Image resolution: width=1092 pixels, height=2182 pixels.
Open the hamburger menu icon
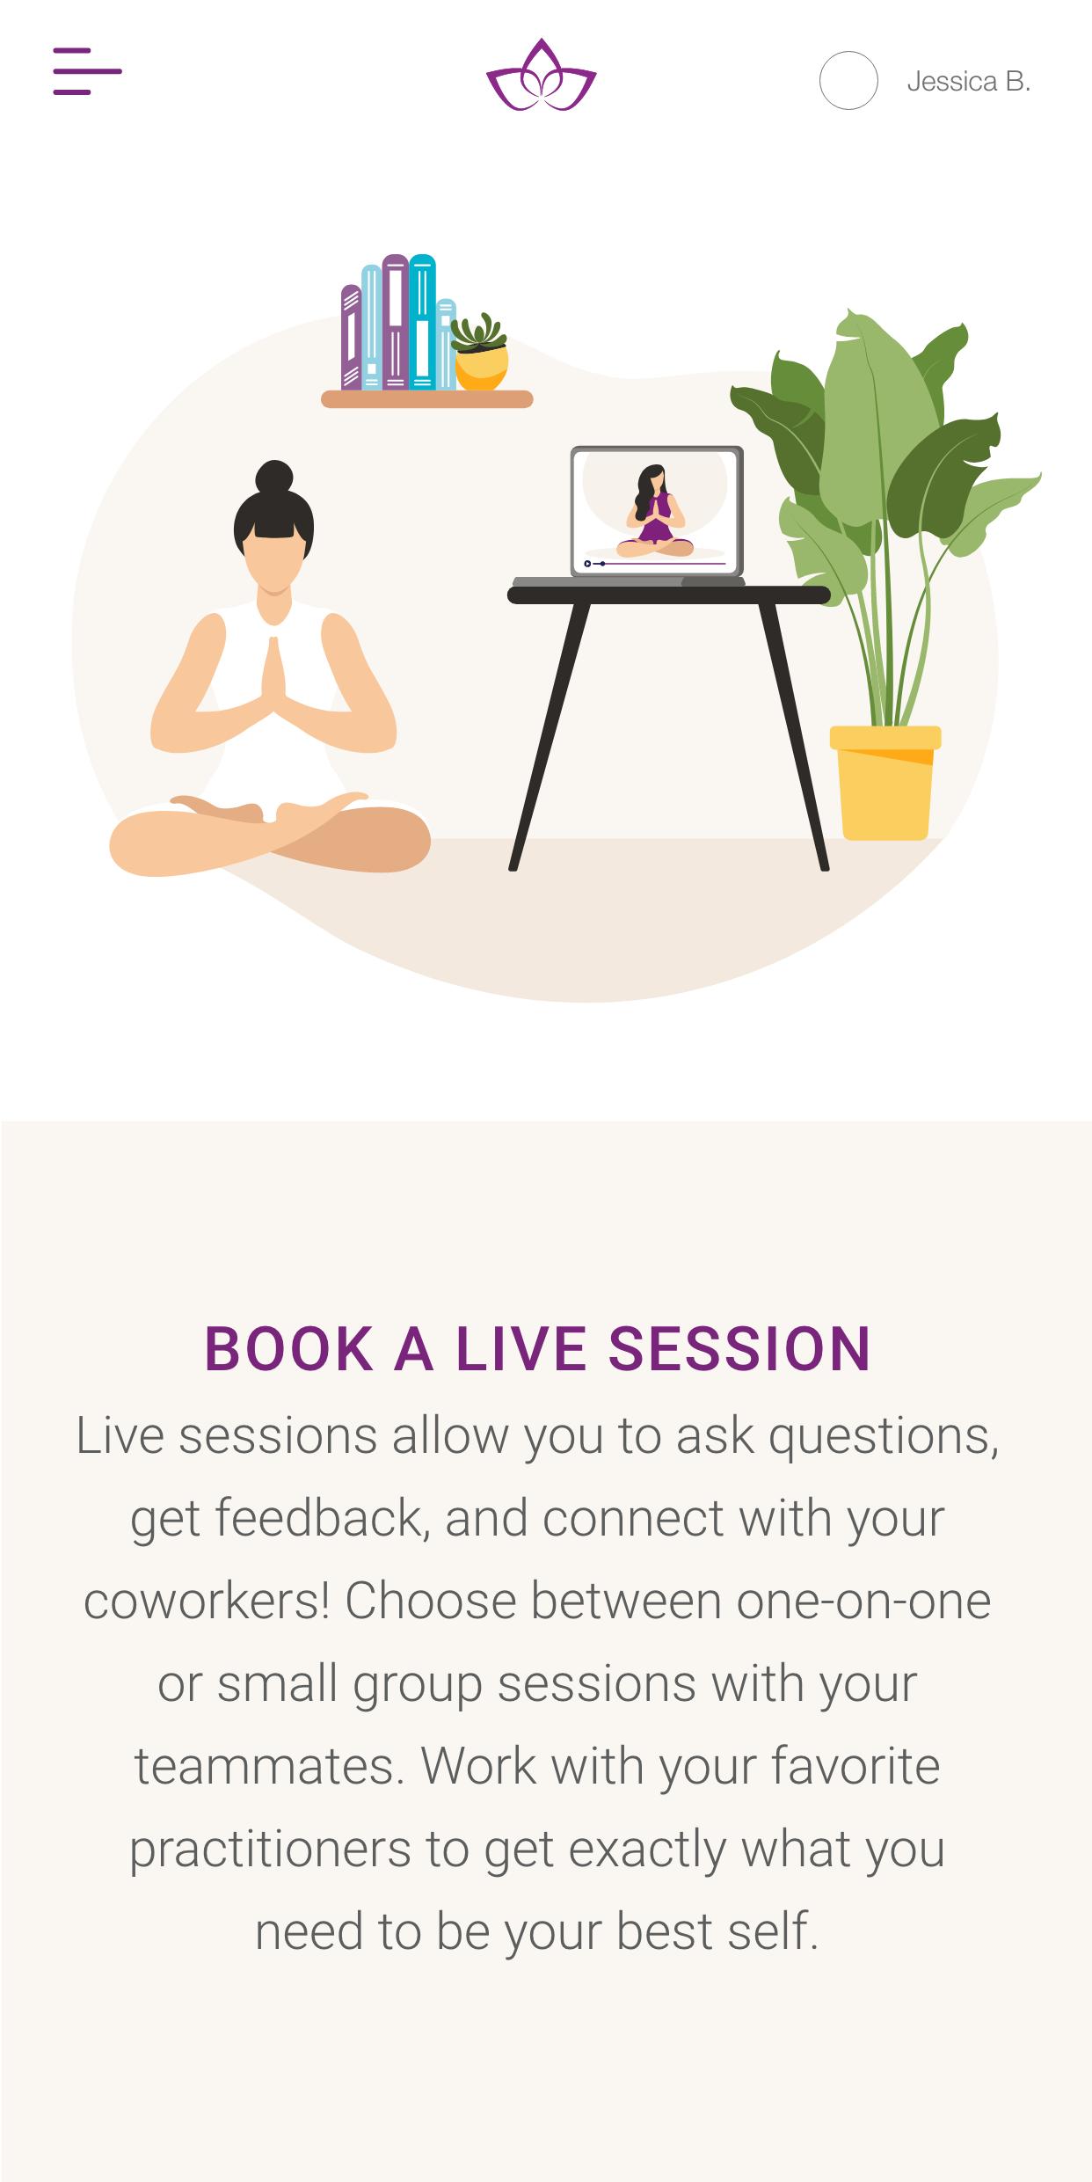point(87,70)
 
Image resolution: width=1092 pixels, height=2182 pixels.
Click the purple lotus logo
point(542,76)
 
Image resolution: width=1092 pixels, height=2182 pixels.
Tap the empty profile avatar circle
point(848,80)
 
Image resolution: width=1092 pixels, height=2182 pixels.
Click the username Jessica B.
point(968,82)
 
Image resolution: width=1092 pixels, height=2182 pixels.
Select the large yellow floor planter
point(885,782)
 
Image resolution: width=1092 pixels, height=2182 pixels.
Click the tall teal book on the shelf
point(423,321)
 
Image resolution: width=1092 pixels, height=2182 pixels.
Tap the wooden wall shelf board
point(427,399)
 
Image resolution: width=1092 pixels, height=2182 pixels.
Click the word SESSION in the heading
point(739,1348)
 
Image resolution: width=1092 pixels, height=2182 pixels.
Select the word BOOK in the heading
point(288,1348)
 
